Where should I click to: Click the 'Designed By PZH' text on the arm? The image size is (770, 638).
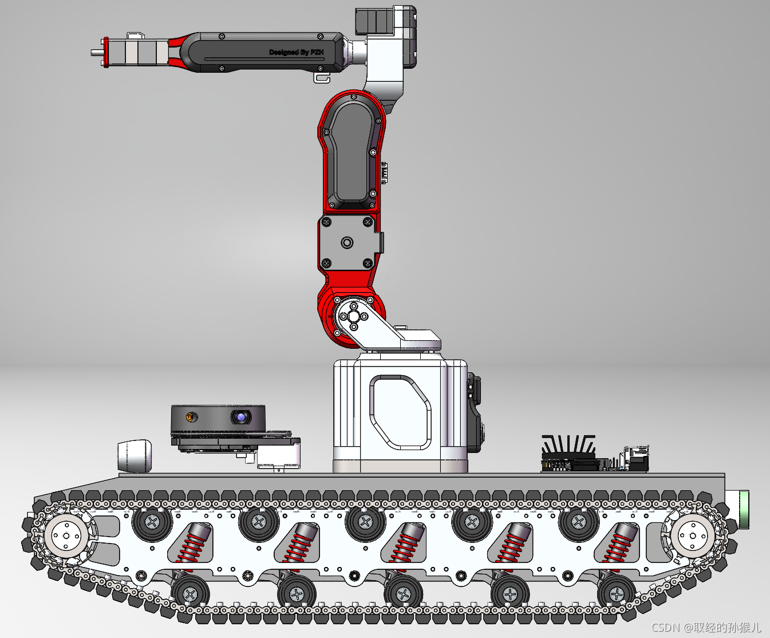(296, 52)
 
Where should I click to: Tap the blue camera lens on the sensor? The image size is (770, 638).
(241, 418)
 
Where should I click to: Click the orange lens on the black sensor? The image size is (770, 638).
(190, 418)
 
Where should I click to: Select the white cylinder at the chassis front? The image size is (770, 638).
(135, 456)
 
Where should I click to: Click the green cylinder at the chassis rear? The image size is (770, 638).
(744, 510)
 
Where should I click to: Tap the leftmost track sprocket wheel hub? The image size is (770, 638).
(66, 536)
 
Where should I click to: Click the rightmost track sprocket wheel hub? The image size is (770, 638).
(693, 536)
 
